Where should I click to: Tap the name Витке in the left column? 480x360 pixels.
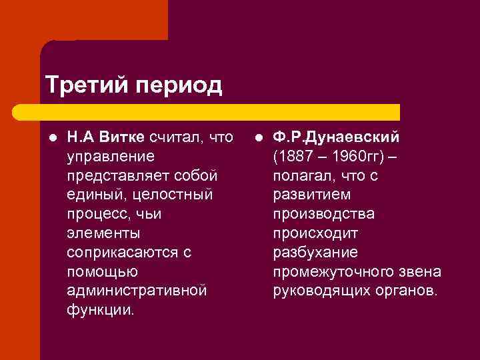[x=121, y=137]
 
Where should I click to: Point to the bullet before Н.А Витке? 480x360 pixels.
[x=51, y=138]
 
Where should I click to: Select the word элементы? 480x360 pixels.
[x=103, y=233]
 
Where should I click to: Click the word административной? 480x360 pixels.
[x=137, y=291]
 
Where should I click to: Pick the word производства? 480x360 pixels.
[x=323, y=214]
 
